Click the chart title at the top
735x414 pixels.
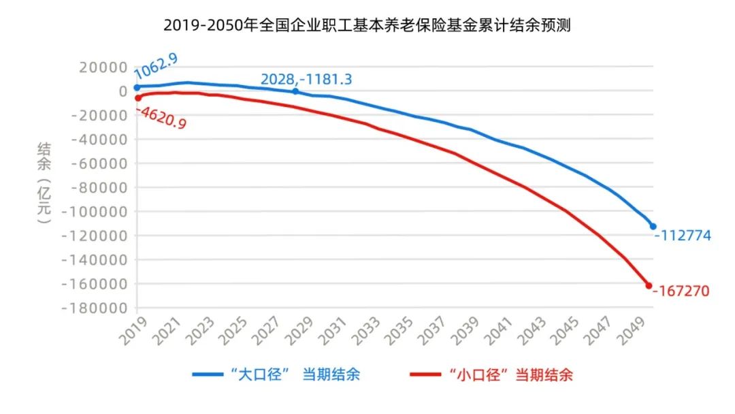(367, 27)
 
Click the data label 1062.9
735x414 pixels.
(156, 65)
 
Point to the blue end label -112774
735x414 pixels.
(683, 236)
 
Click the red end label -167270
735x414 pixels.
(681, 291)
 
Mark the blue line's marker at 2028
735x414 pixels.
(295, 91)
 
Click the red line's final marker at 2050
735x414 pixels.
(649, 286)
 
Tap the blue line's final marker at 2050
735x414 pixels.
(653, 226)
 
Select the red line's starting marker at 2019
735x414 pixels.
(137, 98)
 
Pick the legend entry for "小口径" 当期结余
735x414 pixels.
(492, 375)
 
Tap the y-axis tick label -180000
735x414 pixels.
(94, 308)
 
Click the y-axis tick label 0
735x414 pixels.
(122, 91)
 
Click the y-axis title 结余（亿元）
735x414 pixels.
(44, 184)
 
